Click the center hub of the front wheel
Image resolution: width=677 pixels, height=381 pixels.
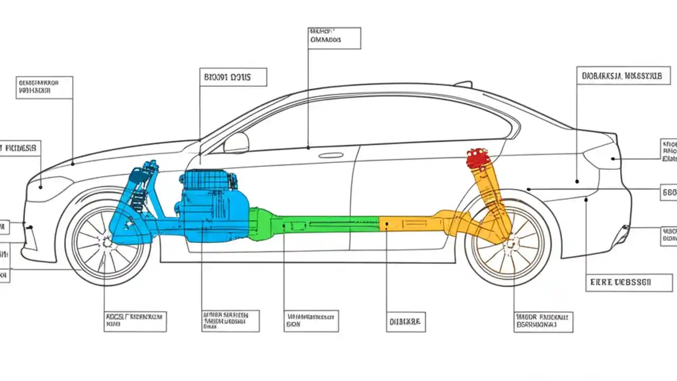pyautogui.click(x=108, y=243)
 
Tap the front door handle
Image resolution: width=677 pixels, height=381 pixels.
pyautogui.click(x=331, y=155)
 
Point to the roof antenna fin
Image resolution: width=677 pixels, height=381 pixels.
pyautogui.click(x=463, y=84)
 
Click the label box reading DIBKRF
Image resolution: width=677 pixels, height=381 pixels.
pyautogui.click(x=406, y=321)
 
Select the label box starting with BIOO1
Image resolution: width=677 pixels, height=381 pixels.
pyautogui.click(x=233, y=77)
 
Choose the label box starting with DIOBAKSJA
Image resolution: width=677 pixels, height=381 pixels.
pyautogui.click(x=623, y=76)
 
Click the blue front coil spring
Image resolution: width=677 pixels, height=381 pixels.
pyautogui.click(x=139, y=198)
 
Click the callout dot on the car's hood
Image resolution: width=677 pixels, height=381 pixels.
pyautogui.click(x=72, y=164)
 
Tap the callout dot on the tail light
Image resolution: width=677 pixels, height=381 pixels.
pyautogui.click(x=612, y=158)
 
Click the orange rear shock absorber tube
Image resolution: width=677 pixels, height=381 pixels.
pyautogui.click(x=489, y=190)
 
